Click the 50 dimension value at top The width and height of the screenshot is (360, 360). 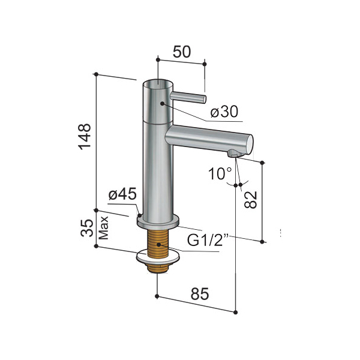point(182,52)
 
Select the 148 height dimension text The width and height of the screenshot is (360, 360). point(85,137)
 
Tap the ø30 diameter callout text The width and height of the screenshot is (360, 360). point(224,112)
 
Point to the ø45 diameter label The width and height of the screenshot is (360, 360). point(122,194)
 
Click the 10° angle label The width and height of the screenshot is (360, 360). point(220,173)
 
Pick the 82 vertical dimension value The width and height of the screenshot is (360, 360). point(250,200)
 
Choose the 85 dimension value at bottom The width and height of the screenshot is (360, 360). point(200,293)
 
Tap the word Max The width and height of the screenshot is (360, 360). point(104,228)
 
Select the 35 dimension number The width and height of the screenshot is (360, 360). point(87,228)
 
